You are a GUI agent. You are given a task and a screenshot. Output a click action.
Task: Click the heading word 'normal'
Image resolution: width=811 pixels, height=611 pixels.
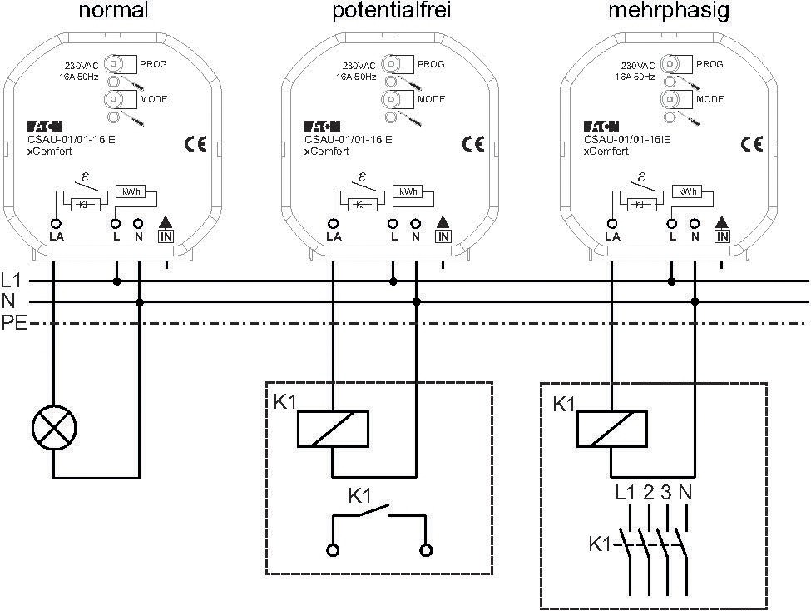tap(114, 10)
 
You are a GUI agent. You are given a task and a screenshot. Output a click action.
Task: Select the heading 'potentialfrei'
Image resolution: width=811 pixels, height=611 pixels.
tap(392, 11)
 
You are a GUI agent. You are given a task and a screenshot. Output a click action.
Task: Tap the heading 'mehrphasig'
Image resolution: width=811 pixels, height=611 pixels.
tap(669, 11)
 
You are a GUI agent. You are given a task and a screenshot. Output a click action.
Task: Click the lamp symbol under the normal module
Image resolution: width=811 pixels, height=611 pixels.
tap(54, 428)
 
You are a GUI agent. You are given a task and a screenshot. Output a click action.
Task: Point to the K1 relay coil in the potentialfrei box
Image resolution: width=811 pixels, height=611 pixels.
tap(333, 429)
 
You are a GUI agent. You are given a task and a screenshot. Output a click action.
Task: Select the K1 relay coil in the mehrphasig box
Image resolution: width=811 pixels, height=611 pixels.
tap(612, 429)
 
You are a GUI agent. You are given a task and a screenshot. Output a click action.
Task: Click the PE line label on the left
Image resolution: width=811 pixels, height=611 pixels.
tap(13, 323)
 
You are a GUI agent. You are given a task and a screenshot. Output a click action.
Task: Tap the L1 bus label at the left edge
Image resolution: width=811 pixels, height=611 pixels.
tap(11, 281)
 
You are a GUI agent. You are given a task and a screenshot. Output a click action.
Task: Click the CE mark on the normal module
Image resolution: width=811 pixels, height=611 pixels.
tap(195, 143)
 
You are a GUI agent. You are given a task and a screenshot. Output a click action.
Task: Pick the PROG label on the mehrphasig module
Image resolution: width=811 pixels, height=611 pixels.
tap(710, 64)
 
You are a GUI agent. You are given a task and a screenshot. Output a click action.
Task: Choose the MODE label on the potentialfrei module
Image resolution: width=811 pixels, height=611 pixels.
tap(432, 99)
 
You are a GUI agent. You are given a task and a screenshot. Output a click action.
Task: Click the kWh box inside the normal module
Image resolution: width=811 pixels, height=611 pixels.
tap(131, 191)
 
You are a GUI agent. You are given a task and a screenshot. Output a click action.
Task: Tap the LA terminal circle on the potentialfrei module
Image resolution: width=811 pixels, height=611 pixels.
tap(334, 224)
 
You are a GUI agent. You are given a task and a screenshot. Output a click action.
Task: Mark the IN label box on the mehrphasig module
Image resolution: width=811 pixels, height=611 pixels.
tap(722, 236)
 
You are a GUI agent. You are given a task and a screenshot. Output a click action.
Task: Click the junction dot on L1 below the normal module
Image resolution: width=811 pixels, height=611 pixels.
tap(117, 281)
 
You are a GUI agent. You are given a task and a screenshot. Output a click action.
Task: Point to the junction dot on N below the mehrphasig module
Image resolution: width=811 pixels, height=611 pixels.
tap(695, 301)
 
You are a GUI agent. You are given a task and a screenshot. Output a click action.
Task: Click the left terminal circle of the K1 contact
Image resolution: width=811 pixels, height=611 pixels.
tap(333, 550)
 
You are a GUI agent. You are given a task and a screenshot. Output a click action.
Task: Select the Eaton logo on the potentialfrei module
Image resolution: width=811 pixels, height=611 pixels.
tap(323, 127)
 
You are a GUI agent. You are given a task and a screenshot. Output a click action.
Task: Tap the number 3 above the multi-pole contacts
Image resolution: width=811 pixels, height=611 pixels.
tap(666, 492)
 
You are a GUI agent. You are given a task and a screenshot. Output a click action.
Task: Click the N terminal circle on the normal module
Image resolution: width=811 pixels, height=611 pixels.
tap(138, 224)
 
